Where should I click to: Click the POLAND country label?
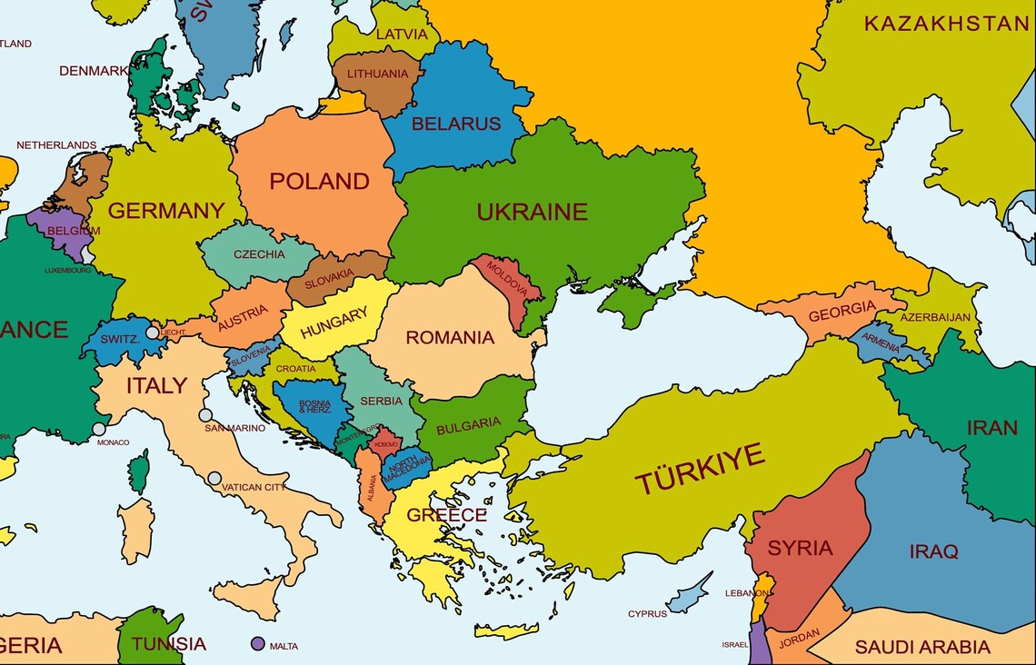click(x=319, y=181)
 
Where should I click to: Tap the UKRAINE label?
click(x=533, y=212)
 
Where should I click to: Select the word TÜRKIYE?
click(x=700, y=469)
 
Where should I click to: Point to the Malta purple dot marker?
click(x=258, y=644)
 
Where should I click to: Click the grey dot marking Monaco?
click(x=99, y=429)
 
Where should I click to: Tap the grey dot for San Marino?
click(x=206, y=415)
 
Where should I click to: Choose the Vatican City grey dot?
click(x=214, y=478)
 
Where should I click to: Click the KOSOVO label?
click(x=386, y=444)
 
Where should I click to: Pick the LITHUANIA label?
click(x=377, y=74)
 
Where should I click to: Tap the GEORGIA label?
click(x=842, y=313)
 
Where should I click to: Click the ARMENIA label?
click(x=881, y=342)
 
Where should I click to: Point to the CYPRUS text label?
click(x=647, y=614)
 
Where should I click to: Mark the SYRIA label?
click(x=800, y=548)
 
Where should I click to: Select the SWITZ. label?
click(x=119, y=339)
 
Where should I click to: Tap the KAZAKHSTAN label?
click(x=946, y=24)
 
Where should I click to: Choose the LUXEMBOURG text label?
click(x=68, y=270)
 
